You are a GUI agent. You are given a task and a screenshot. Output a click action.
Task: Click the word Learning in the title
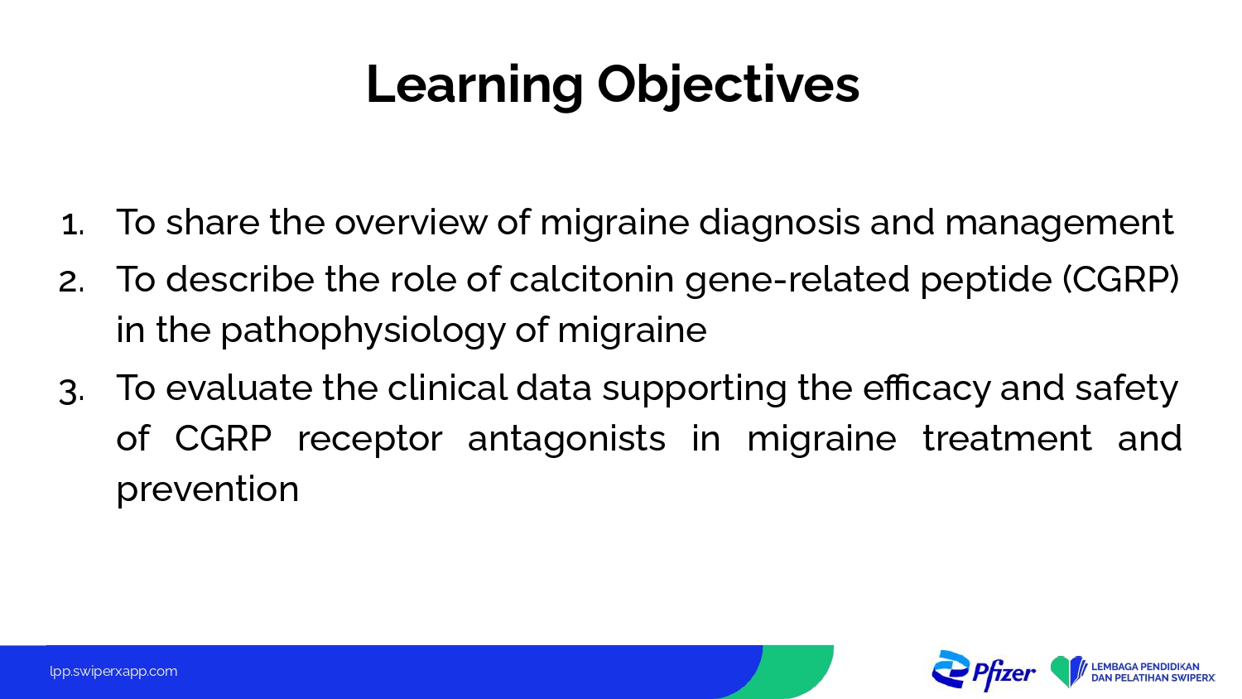474,84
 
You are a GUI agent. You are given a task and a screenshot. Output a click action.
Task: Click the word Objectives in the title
728,84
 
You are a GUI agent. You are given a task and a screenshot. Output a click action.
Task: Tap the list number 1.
73,225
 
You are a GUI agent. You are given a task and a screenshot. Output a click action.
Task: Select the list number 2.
71,282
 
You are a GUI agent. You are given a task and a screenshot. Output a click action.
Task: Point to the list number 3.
71,392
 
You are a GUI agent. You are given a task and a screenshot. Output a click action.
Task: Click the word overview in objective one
411,222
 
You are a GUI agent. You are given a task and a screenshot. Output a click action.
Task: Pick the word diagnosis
780,222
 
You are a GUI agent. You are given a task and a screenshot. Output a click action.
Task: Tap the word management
1059,223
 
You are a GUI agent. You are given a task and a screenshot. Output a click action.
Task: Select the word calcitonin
591,279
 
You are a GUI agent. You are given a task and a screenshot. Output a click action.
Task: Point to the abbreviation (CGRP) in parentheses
1120,279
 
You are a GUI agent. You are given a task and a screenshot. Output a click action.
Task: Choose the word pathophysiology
363,331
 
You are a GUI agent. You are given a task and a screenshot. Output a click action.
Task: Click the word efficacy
927,388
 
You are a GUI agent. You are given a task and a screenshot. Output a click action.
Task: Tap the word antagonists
566,439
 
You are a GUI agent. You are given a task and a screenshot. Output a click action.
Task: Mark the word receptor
370,439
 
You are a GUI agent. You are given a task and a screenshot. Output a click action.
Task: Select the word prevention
207,489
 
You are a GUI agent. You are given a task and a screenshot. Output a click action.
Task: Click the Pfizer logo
984,672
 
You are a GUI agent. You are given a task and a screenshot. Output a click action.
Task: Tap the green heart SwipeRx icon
1068,672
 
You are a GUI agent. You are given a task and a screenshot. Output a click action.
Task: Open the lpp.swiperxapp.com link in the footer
113,672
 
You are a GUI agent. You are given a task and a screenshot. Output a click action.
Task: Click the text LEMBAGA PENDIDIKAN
1145,666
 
